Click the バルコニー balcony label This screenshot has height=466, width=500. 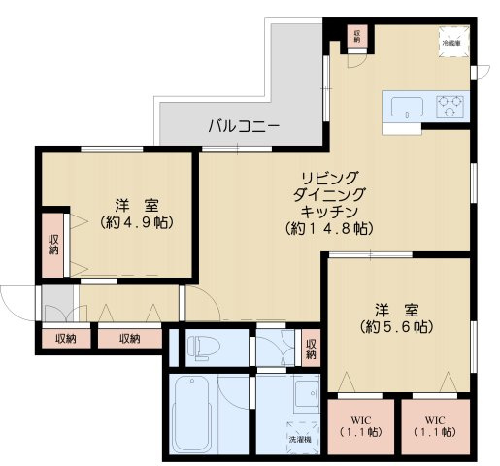click(244, 126)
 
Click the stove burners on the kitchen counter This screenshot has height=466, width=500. click(450, 104)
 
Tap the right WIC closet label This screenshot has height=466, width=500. click(433, 426)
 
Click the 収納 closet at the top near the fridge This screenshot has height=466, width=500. click(357, 36)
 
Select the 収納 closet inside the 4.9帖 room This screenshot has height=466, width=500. click(52, 242)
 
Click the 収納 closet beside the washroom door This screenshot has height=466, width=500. click(310, 347)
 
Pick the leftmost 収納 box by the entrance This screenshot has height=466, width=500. click(65, 339)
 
